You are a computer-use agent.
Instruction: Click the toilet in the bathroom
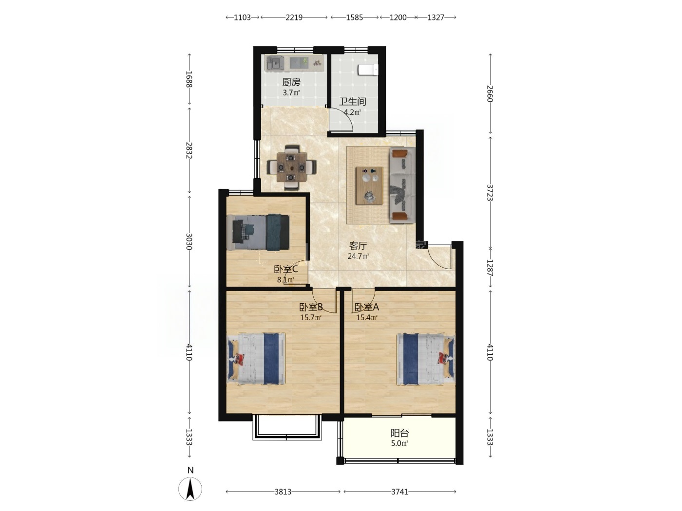(x=368, y=70)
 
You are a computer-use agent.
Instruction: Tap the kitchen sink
(x=275, y=63)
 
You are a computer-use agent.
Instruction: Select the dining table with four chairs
(x=291, y=167)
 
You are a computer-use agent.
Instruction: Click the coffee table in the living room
(x=369, y=185)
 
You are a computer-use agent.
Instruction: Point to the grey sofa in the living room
(x=402, y=185)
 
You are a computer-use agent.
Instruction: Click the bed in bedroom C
(x=258, y=232)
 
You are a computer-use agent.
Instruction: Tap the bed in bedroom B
(x=256, y=359)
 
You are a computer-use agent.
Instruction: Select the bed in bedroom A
(x=425, y=359)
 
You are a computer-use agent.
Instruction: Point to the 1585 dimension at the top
(x=355, y=18)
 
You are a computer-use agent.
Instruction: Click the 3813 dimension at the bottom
(x=283, y=492)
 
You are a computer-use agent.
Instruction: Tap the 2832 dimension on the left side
(x=189, y=150)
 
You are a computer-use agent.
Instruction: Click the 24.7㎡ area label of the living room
(x=358, y=256)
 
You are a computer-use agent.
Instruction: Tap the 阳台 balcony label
(x=399, y=433)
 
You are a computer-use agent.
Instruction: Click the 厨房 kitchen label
(x=291, y=82)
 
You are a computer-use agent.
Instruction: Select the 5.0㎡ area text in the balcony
(x=399, y=443)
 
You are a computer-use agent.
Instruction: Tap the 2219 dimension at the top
(x=294, y=18)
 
